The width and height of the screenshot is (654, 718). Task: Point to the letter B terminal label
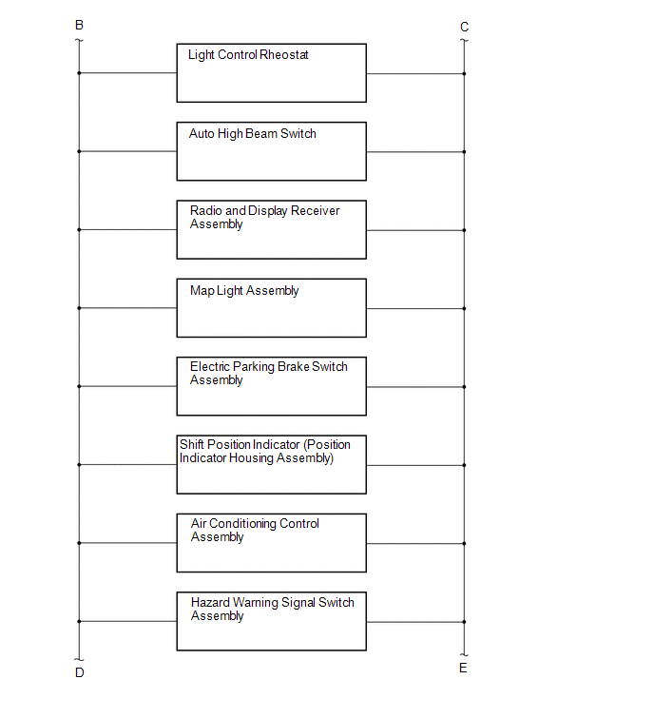pos(79,25)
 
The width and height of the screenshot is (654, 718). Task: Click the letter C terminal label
pos(464,27)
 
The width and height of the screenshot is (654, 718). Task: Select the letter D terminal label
pos(80,672)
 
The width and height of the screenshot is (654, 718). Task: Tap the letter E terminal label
pos(463,669)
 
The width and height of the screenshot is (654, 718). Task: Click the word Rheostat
pos(284,55)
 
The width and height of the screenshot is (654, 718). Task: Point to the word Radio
pos(206,210)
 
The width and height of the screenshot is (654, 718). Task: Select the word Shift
pos(192,445)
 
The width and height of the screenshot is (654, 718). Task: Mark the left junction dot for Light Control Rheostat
pos(79,73)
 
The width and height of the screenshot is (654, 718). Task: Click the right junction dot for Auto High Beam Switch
pos(464,151)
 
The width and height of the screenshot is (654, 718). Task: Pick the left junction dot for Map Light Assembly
pos(79,308)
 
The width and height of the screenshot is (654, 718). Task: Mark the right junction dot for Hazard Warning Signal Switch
pos(464,622)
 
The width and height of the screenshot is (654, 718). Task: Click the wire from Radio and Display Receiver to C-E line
pos(415,230)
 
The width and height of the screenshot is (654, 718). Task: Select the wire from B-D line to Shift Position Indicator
pos(128,465)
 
